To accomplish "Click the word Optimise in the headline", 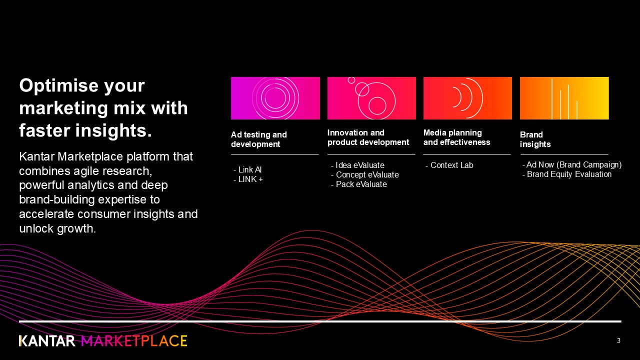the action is coord(81,85).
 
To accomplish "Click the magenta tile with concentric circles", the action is coord(275,98).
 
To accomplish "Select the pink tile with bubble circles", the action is coord(371,98).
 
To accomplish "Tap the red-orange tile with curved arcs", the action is coord(467,98).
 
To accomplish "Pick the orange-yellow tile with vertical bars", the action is coord(564,98).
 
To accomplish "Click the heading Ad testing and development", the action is coord(259,139).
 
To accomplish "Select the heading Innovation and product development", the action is coord(368,137).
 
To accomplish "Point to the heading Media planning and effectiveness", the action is coord(457,137).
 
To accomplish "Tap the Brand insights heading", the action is coord(535,139).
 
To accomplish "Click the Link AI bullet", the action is coord(247,169).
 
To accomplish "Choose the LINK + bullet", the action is coord(248,179).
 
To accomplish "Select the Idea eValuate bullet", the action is coord(357,165).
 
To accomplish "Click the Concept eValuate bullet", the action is coord(365,174).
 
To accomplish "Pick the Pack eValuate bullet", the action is coord(359,184).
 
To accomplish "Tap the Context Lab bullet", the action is coord(449,165).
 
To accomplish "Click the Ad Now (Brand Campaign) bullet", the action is coord(572,165).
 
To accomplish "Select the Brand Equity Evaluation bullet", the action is coord(567,174).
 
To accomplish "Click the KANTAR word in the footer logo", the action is coord(47,341).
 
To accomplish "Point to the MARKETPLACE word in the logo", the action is coord(134,341).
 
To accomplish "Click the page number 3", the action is coord(618,340).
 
